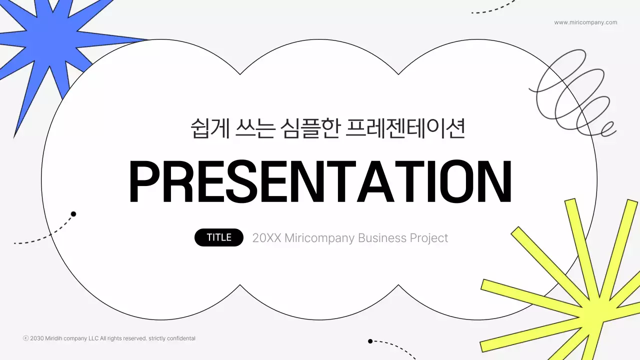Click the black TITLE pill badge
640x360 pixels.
(x=219, y=237)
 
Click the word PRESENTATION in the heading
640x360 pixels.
(x=320, y=181)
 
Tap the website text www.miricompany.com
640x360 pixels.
(x=585, y=22)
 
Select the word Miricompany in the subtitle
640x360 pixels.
(x=319, y=238)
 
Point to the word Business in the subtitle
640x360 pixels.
(x=382, y=238)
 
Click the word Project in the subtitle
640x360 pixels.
(x=429, y=238)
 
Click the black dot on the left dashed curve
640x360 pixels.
(x=73, y=214)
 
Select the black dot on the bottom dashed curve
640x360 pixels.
(x=370, y=341)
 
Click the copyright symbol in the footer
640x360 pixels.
(x=26, y=338)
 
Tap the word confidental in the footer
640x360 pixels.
(x=180, y=338)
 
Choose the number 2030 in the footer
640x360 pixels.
(x=37, y=338)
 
